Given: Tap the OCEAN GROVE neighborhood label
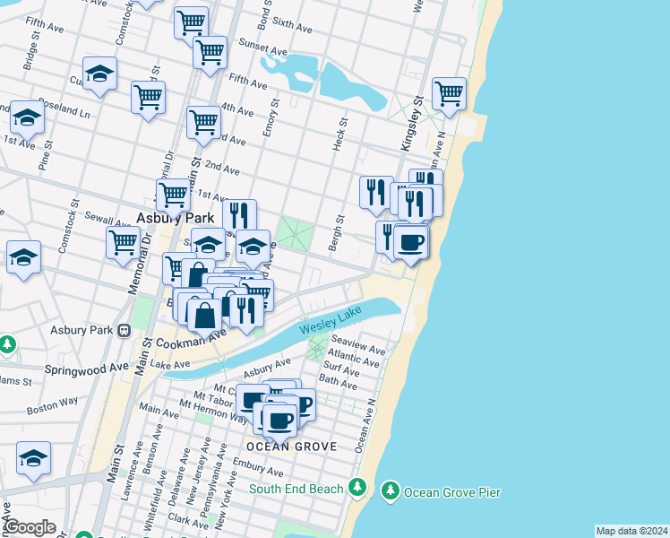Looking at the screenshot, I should pos(291,446).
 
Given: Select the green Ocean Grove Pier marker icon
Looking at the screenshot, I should pos(390,490).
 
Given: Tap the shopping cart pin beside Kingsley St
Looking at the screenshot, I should pos(448,92).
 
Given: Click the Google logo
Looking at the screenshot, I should pos(30,526).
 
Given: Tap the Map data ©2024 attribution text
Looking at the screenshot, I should pos(631,531).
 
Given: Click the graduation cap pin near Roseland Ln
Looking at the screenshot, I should pos(27,118).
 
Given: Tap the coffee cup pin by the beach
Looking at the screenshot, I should pos(411,242).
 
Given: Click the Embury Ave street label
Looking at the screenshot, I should pos(257,466).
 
